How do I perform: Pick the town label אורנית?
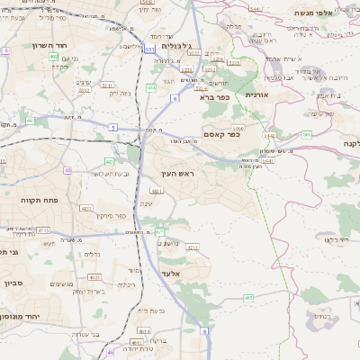click(x=257, y=94)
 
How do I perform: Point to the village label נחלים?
click(x=92, y=255)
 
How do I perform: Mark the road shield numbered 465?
click(x=248, y=298)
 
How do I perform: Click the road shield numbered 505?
click(x=307, y=134)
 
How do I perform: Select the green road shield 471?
click(x=159, y=232)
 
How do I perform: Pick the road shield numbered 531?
click(x=148, y=49)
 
